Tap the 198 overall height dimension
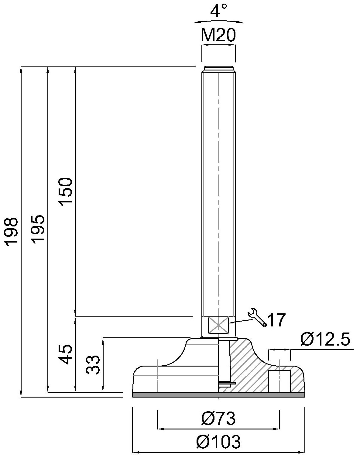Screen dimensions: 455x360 pyautogui.click(x=12, y=231)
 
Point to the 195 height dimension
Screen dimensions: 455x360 pyautogui.click(x=39, y=229)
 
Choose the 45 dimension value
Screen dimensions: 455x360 pyautogui.click(x=66, y=354)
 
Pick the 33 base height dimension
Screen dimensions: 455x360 pyautogui.click(x=93, y=365)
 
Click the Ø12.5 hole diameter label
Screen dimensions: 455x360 pyautogui.click(x=325, y=340)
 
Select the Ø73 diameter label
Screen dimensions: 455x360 pyautogui.click(x=218, y=419)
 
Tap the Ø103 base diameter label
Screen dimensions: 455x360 pyautogui.click(x=218, y=442)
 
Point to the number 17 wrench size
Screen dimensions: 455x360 pyautogui.click(x=277, y=320)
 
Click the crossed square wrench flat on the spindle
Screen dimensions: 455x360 pyautogui.click(x=218, y=325)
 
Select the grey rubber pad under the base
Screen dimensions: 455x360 pyautogui.click(x=219, y=395)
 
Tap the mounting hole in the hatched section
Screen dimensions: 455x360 pyautogui.click(x=279, y=381)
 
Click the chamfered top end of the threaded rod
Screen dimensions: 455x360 pyautogui.click(x=218, y=68)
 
